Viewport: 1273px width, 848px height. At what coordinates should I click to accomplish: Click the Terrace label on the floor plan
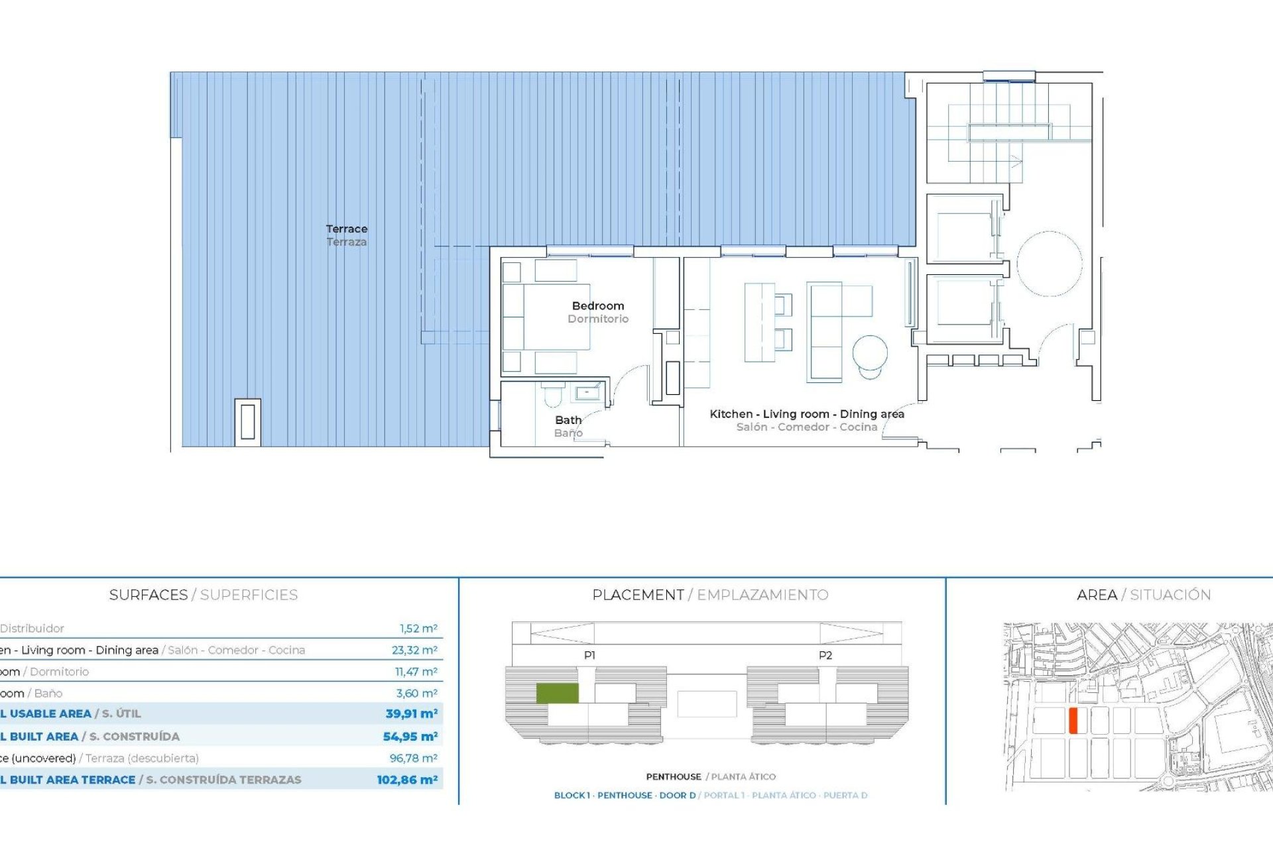346,229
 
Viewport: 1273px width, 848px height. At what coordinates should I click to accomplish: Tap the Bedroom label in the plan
597,306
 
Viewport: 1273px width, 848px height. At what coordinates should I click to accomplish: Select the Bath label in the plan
568,420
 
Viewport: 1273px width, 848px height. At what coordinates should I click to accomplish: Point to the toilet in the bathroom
552,396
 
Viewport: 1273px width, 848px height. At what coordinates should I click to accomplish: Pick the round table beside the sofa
869,353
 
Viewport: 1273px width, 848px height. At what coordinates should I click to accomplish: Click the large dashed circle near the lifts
1049,264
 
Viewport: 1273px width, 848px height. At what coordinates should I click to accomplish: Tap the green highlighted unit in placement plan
557,693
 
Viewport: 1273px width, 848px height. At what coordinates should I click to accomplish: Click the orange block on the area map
1073,720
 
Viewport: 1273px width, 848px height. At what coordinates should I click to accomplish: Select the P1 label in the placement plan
589,655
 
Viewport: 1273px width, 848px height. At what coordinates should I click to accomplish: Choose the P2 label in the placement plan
825,655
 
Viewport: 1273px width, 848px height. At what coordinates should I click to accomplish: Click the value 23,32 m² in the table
414,650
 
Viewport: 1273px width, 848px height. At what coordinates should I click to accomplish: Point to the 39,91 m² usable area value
411,714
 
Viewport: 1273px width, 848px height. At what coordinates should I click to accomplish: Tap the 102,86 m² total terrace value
407,780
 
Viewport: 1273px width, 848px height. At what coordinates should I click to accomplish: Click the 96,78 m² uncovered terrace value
413,758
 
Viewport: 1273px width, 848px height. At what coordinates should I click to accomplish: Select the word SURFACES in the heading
149,595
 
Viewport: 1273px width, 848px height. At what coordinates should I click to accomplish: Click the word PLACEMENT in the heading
638,595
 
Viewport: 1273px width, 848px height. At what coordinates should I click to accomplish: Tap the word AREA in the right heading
1097,595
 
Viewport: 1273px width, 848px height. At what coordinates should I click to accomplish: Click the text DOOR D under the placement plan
677,795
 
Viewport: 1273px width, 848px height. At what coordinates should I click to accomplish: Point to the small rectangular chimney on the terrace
247,422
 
